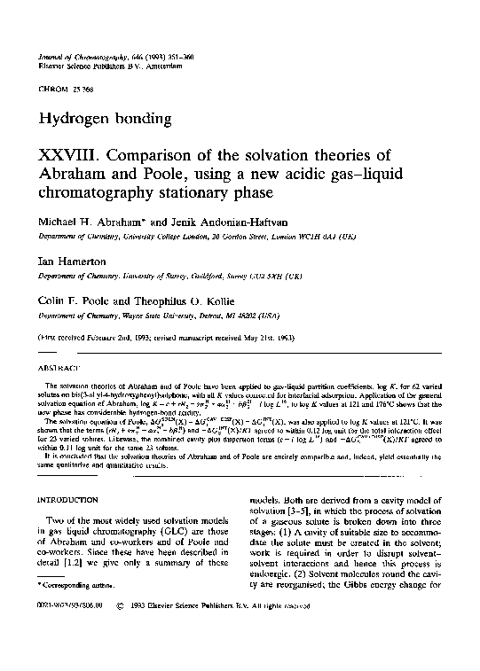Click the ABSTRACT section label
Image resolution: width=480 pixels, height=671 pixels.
point(55,365)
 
